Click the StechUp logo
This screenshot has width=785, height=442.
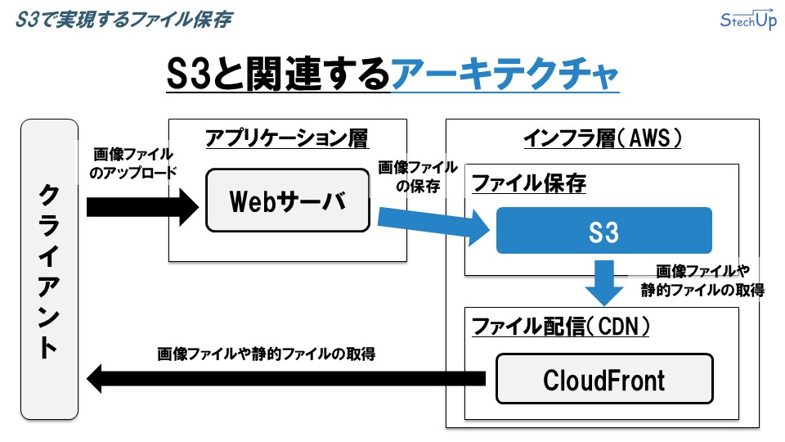tap(748, 20)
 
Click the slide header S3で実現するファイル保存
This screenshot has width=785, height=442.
tap(123, 20)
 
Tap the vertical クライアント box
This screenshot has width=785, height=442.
tap(49, 269)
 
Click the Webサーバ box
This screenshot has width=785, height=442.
tap(287, 201)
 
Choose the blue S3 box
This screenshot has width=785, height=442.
tap(603, 231)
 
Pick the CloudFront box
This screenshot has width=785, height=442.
tap(604, 379)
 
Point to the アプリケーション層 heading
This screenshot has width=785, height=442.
tap(287, 138)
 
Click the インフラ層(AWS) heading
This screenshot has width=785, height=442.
tap(603, 138)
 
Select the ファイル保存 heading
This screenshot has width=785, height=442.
tap(529, 183)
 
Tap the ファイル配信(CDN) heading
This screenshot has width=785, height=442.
tap(561, 327)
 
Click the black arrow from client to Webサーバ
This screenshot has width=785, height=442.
tap(142, 207)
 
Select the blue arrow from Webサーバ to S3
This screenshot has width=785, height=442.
tap(433, 224)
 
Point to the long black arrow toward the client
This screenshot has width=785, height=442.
tap(286, 378)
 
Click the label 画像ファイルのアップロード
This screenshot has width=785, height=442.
tap(133, 164)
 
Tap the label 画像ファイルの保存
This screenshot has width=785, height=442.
tap(418, 177)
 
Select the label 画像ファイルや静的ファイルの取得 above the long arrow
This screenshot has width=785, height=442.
tap(266, 354)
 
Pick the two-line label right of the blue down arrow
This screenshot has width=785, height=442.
tap(702, 281)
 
